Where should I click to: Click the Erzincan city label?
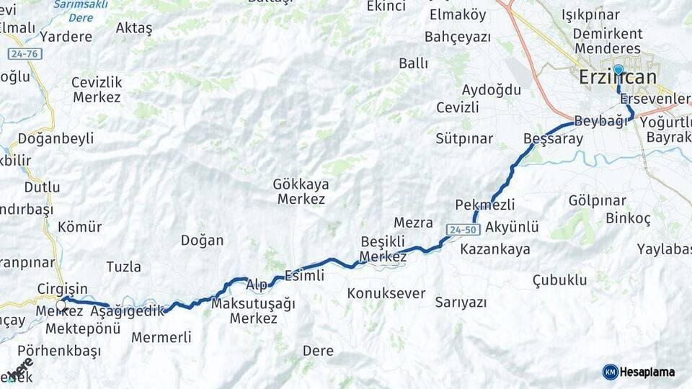618,78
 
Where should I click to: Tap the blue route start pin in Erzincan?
618,70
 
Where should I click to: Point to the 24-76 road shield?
25,54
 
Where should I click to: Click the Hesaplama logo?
639,372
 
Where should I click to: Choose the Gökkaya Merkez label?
299,192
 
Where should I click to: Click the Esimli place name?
304,275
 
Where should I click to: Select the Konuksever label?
386,294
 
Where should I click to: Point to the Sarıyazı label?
461,303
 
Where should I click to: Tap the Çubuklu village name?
559,280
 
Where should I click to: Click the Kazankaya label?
494,249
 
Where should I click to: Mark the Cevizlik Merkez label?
97,89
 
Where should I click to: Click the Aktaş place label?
134,29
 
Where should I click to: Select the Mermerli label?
161,337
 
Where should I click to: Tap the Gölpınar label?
598,200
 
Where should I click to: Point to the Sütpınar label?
464,139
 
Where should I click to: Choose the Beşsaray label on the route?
553,139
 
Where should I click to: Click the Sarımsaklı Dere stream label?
81,10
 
